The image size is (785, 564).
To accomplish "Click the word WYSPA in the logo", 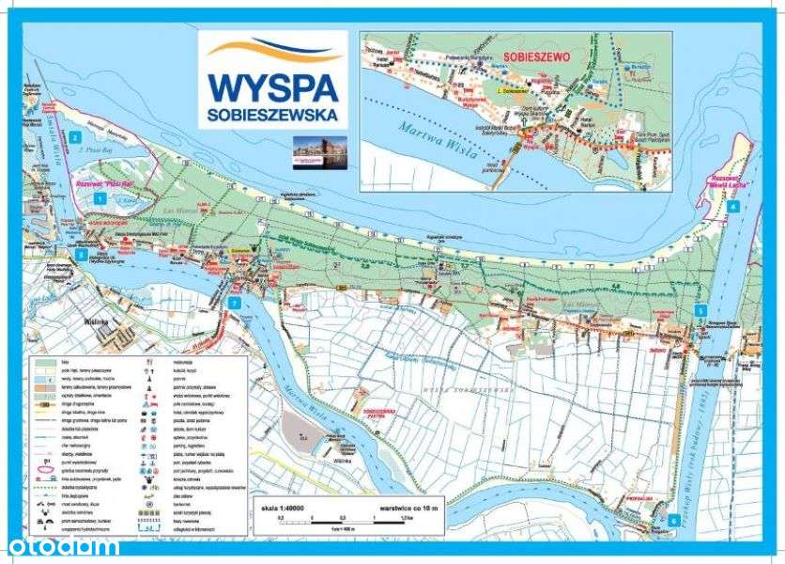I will coord(272,86).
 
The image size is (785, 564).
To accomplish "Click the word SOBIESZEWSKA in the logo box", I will coord(272,117).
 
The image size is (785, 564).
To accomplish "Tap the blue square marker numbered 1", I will coord(100,198).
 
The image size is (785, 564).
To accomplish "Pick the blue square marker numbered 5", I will coord(700,310).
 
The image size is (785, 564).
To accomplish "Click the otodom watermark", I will coord(63,546).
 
